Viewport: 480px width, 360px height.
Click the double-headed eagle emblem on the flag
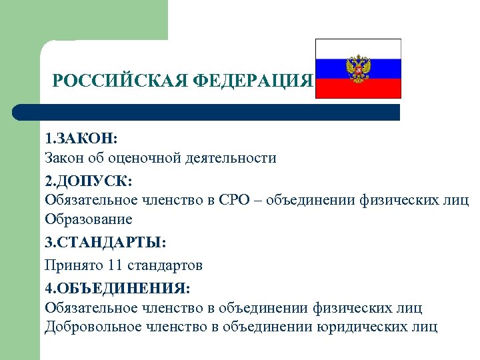click(x=358, y=69)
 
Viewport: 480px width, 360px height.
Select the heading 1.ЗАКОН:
click(x=81, y=139)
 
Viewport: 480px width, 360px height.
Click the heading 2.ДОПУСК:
click(x=89, y=180)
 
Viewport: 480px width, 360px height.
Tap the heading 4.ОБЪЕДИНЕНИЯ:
click(x=117, y=287)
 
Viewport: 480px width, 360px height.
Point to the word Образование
click(x=88, y=219)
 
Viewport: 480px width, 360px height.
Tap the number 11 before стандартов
click(x=116, y=265)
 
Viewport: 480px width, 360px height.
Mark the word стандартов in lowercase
click(x=164, y=265)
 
